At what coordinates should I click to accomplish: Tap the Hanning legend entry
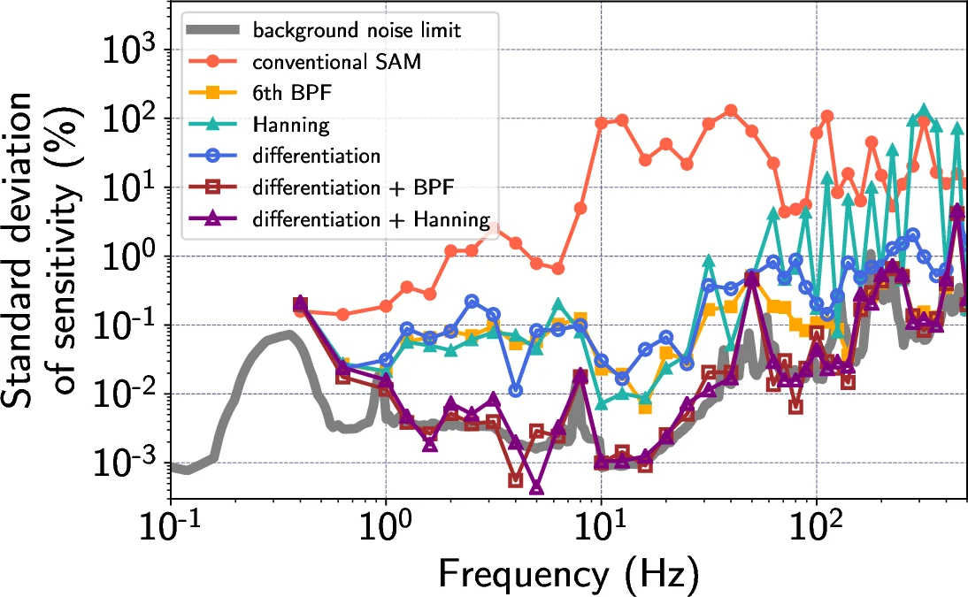click(290, 125)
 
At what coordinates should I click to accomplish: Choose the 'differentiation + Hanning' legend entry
click(371, 218)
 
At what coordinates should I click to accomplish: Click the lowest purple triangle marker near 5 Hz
click(536, 487)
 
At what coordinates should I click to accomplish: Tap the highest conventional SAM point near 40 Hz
click(731, 111)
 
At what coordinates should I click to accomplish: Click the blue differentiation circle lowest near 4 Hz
click(516, 390)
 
